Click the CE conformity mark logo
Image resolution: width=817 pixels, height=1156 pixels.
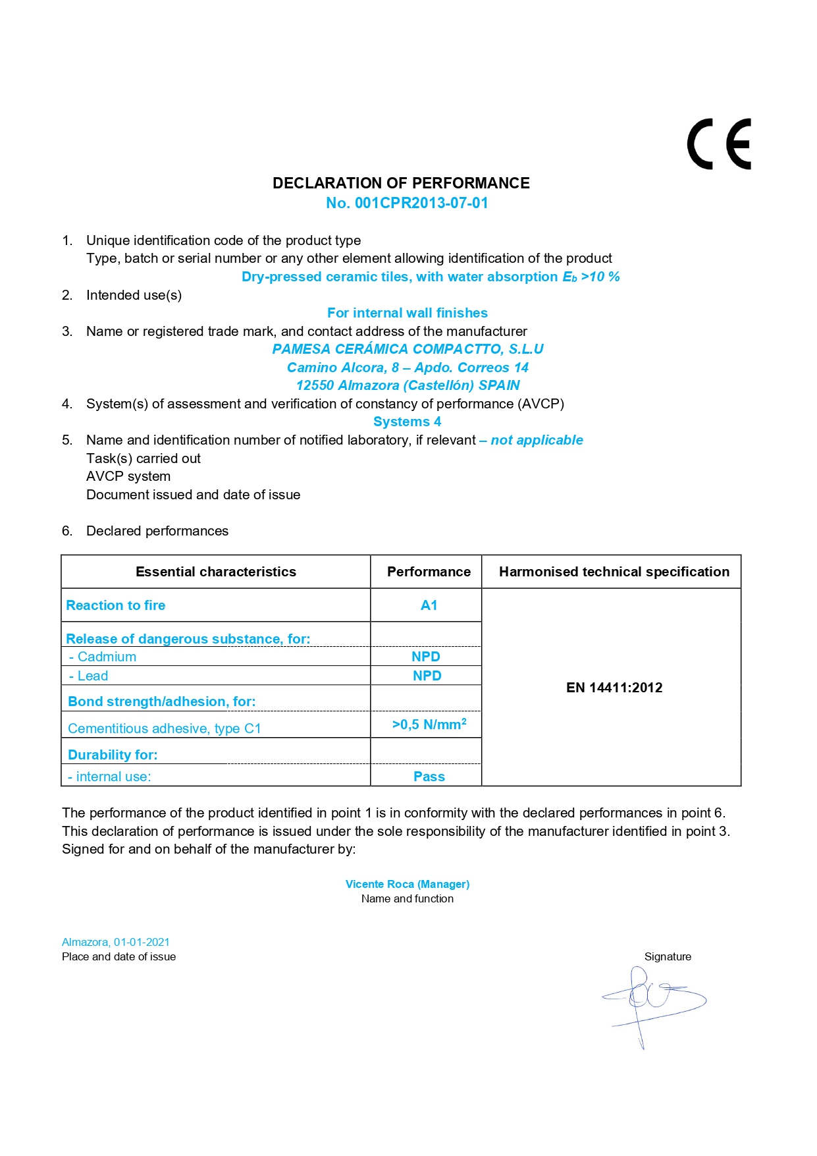(719, 144)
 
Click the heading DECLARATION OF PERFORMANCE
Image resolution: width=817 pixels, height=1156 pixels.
(401, 183)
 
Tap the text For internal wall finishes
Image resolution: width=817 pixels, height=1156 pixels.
(408, 313)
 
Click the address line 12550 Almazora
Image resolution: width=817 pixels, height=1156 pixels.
(408, 385)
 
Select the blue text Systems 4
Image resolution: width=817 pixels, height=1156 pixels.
(407, 422)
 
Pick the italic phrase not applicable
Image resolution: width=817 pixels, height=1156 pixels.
(537, 440)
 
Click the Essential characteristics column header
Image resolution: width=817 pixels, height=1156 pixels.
(216, 572)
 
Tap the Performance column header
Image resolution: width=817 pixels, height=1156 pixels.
(429, 572)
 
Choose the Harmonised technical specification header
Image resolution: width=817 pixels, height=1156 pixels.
(614, 572)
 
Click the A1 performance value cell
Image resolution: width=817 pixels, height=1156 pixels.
(429, 605)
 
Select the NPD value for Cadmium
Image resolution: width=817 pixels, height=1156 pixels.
(426, 657)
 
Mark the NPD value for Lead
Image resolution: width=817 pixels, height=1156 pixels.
(427, 676)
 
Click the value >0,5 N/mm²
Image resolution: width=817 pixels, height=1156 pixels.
(429, 725)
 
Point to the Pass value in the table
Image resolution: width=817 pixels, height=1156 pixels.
(429, 777)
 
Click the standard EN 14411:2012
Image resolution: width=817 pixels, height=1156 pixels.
(614, 688)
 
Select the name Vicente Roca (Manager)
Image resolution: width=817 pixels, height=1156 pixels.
(408, 884)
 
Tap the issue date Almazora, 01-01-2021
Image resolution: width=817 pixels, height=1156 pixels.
(116, 942)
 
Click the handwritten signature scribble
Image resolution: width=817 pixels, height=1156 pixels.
(652, 1001)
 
